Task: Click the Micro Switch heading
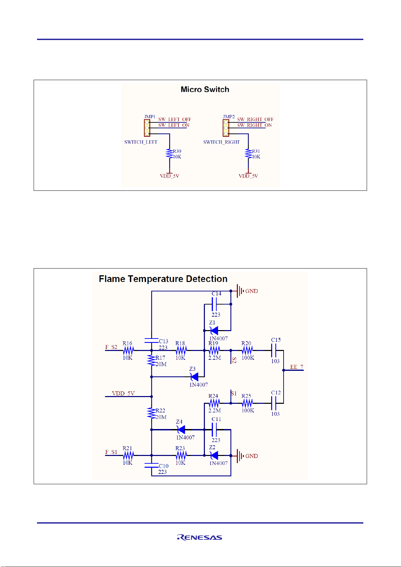coord(205,90)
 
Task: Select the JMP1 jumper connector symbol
coord(147,128)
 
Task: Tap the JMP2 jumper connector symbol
coord(226,128)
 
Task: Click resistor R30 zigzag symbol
coord(169,154)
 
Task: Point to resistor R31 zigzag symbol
coord(249,154)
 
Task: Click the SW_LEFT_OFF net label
coord(175,119)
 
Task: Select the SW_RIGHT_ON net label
coord(254,125)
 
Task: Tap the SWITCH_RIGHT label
coord(221,142)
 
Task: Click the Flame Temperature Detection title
coord(163,279)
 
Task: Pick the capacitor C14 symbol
coord(214,304)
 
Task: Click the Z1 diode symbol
coord(214,330)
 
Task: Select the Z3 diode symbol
coord(194,377)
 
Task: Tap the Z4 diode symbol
coord(181,430)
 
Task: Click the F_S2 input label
coord(111,347)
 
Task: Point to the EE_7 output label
coord(296,367)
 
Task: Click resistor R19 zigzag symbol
coord(214,350)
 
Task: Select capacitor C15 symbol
coord(274,350)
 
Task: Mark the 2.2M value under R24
coord(215,410)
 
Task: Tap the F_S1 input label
coord(111,452)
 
